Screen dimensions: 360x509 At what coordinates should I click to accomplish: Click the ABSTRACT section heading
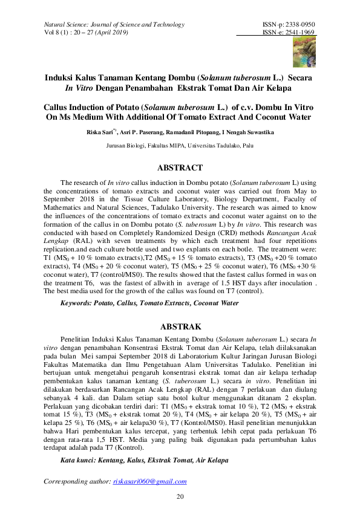[x=180, y=168]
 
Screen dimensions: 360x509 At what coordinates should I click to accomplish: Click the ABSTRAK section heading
[x=180, y=326]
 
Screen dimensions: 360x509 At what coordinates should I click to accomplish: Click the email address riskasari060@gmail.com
[x=149, y=482]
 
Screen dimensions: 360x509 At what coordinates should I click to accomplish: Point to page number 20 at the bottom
[x=180, y=497]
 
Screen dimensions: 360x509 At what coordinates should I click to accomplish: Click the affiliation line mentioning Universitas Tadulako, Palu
[x=180, y=146]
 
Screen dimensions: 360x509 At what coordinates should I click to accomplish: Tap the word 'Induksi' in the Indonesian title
[x=61, y=78]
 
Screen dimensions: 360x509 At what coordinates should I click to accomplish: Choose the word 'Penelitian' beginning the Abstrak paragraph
[x=79, y=340]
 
